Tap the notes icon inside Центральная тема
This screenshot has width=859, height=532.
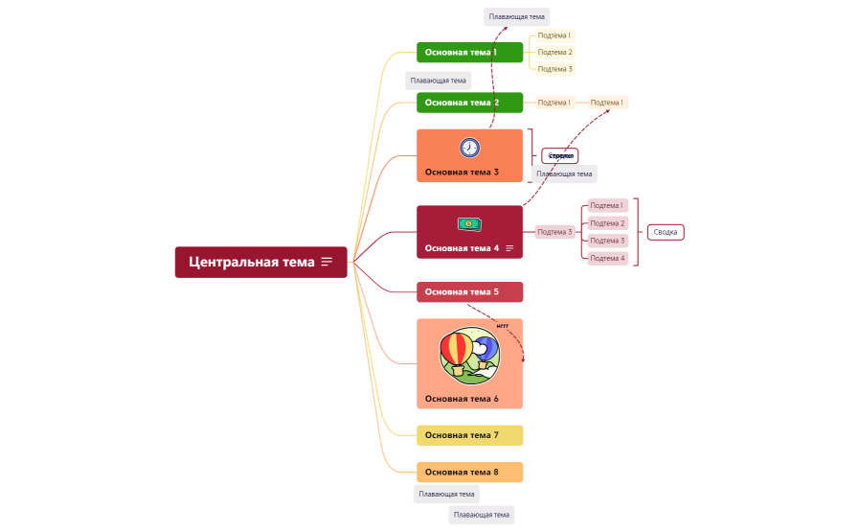click(327, 262)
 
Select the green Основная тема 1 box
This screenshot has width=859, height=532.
click(469, 52)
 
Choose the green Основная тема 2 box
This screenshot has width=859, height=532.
click(469, 103)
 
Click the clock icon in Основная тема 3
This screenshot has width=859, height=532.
click(469, 148)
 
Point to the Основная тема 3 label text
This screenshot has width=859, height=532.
click(462, 173)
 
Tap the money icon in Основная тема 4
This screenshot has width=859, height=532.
click(469, 224)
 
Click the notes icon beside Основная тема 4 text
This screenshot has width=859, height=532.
click(509, 248)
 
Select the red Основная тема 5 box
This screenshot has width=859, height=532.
click(469, 291)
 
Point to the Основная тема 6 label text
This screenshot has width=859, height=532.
click(462, 399)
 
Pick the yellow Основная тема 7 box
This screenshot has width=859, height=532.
click(469, 435)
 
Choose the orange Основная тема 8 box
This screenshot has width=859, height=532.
click(469, 472)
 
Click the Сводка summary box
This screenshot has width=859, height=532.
click(666, 232)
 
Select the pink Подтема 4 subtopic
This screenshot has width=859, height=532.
click(607, 258)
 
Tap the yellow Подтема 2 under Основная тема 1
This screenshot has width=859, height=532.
click(554, 52)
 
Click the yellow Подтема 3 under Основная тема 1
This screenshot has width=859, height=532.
click(554, 69)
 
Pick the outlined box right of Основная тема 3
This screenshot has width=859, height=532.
click(560, 155)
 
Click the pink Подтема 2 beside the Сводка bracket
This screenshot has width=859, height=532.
click(607, 223)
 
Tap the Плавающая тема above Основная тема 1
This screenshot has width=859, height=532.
click(516, 16)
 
